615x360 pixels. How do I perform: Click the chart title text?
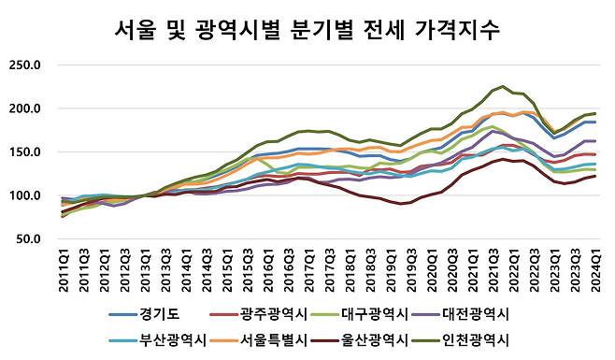click(x=307, y=29)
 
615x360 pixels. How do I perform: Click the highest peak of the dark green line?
click(x=503, y=87)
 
